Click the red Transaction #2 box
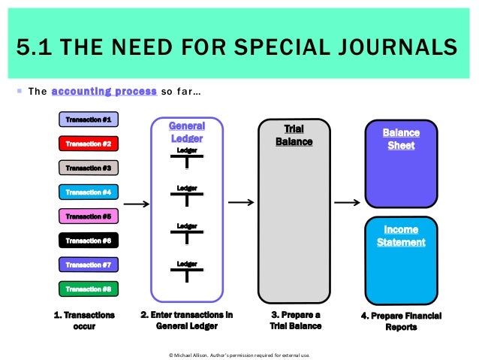tap(88, 144)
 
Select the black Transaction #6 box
tap(88, 241)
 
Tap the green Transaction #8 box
tap(88, 289)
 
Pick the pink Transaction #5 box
tap(88, 216)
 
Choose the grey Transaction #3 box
tap(88, 168)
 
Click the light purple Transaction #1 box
tap(88, 119)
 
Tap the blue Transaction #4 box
tap(88, 192)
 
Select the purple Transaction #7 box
tap(88, 265)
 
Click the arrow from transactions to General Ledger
tap(135, 203)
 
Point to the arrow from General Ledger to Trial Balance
tap(240, 201)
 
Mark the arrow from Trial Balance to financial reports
tap(347, 201)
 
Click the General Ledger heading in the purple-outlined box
tap(186, 132)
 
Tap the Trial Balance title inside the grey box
tap(294, 135)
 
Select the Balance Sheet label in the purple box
tap(401, 139)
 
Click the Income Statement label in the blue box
tap(401, 235)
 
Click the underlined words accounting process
tap(104, 92)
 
